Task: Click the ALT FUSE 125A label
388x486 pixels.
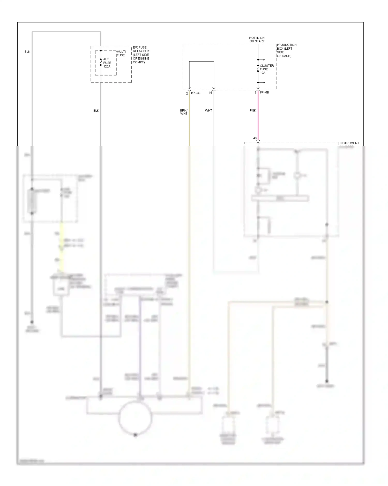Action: (107, 63)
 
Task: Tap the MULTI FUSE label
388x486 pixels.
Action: (121, 54)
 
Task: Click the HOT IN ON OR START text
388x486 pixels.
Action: (257, 40)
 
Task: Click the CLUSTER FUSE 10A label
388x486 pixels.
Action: (266, 69)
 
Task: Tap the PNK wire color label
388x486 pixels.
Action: (253, 110)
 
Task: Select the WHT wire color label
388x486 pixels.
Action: (208, 110)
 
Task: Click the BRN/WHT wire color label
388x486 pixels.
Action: (184, 112)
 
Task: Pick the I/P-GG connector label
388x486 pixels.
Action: (196, 93)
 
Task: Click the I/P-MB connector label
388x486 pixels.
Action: (264, 92)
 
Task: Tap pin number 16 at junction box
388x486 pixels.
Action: (210, 93)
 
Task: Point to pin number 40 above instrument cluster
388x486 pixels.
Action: (255, 138)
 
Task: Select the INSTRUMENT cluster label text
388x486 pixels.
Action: (349, 143)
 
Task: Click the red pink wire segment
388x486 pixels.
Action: (258, 116)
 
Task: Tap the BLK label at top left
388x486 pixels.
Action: (27, 52)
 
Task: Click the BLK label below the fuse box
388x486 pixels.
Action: (96, 111)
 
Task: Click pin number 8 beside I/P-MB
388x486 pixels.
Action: (256, 92)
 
